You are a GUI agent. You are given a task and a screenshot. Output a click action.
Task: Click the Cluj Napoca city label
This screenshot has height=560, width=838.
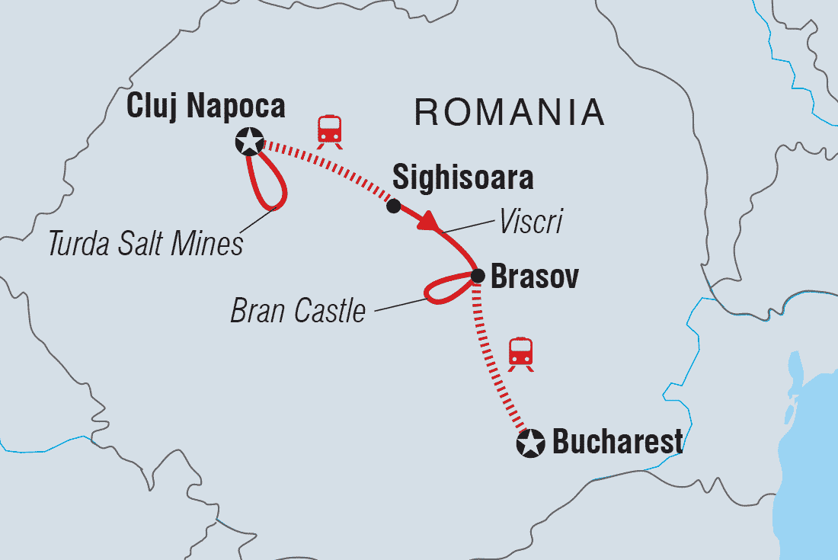(205, 106)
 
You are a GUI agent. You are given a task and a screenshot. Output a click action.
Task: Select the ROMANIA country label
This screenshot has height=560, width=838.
(510, 114)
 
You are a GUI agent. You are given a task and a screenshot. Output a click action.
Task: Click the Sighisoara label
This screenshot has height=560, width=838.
(462, 178)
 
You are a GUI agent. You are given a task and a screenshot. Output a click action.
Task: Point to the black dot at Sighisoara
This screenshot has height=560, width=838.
(393, 206)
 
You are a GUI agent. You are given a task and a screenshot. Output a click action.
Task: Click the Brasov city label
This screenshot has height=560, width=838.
(534, 278)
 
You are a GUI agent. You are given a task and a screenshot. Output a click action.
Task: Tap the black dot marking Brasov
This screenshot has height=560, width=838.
(477, 276)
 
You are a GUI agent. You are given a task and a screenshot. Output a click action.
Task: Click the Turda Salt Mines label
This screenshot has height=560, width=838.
(145, 244)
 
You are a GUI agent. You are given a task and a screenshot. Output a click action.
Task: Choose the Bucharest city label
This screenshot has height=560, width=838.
(617, 442)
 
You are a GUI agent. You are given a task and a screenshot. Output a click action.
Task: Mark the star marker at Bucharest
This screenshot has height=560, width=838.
(530, 443)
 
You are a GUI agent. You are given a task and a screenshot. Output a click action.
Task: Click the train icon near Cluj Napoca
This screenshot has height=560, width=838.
(329, 130)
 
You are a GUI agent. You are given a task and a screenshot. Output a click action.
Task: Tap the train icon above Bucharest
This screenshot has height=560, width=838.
(521, 354)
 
